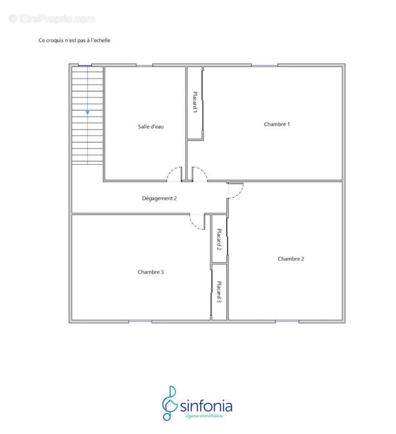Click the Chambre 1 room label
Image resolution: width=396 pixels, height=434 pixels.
[277, 124]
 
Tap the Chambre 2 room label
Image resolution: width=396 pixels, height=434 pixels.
[291, 259]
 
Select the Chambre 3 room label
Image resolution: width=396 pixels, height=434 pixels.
[151, 272]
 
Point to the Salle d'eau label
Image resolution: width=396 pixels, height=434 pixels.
[151, 127]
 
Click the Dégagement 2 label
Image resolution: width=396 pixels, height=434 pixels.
[159, 199]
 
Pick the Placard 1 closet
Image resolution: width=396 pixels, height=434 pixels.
[195, 103]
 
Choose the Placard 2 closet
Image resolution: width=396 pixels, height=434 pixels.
[219, 239]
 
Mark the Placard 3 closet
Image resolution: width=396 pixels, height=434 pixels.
[219, 292]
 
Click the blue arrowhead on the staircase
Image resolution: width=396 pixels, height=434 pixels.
[87, 113]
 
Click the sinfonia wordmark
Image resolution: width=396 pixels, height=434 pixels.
[206, 406]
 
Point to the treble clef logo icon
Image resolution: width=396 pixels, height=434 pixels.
[170, 403]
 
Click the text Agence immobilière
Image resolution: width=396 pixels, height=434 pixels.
[204, 416]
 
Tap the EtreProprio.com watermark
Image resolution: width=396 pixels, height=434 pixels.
[52, 19]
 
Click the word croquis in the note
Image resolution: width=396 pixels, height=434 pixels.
[54, 41]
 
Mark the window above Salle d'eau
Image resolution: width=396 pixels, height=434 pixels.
[144, 66]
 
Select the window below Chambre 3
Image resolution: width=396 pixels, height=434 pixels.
[140, 321]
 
